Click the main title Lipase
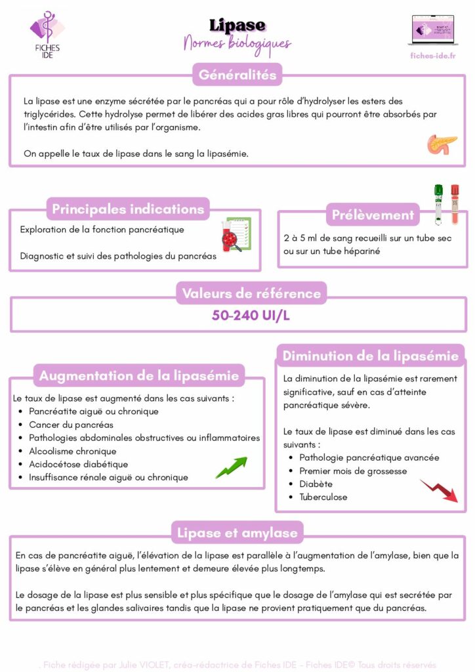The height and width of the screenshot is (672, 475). (x=237, y=26)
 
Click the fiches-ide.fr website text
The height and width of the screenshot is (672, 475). (x=432, y=55)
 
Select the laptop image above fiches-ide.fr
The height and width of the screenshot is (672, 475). (x=432, y=30)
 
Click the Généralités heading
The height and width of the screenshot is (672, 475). (x=237, y=75)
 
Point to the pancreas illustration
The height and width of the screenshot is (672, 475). (x=442, y=144)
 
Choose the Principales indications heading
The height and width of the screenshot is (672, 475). (x=128, y=209)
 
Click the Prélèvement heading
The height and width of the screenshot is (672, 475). (x=373, y=215)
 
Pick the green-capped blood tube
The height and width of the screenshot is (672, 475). (x=438, y=203)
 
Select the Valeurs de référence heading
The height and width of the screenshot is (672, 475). (x=251, y=293)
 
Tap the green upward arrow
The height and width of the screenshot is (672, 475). (x=232, y=467)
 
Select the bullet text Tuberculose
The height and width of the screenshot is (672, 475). (x=323, y=497)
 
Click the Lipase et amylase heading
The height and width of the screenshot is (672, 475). (x=237, y=533)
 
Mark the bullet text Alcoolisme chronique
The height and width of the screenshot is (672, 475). (x=72, y=451)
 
